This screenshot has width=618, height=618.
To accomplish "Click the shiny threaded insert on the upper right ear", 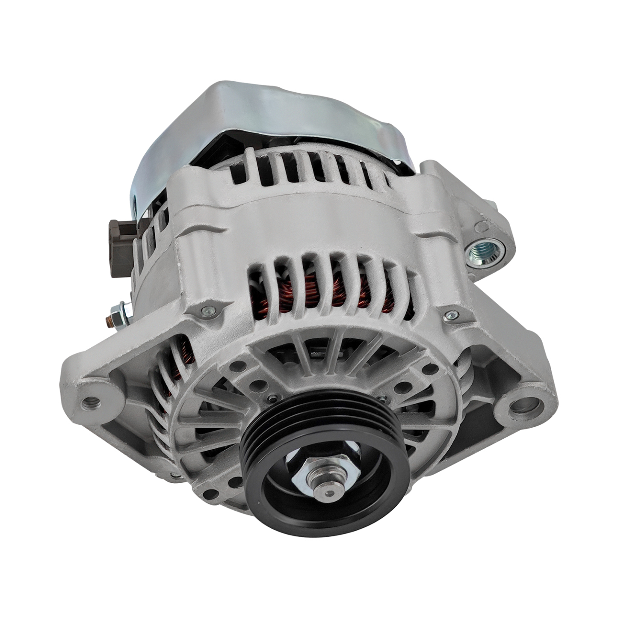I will (482, 252).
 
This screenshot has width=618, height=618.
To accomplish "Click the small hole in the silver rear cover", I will (136, 201).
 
